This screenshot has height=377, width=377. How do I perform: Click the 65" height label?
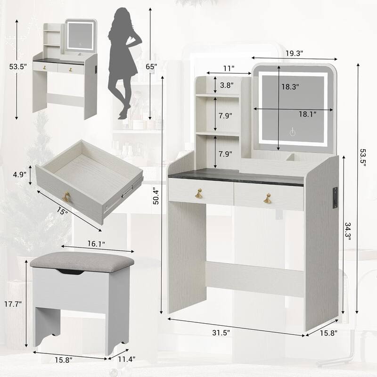[151, 67]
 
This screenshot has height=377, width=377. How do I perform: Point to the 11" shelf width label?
[229, 69]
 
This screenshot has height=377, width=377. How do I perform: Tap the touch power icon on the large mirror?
[293, 133]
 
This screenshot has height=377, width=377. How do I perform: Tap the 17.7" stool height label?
[15, 304]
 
